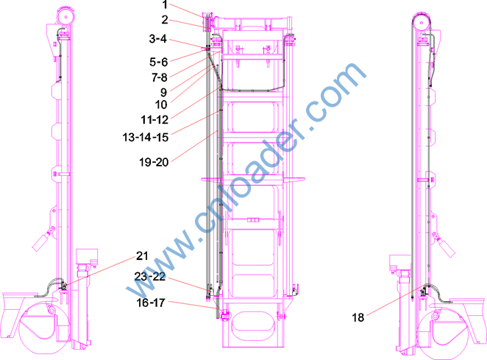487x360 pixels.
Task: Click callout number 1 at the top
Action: click(x=165, y=5)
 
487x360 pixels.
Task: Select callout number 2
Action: click(x=165, y=20)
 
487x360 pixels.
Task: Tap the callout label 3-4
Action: click(x=157, y=39)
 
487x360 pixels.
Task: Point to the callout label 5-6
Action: click(x=158, y=62)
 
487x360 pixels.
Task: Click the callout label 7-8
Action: click(x=160, y=77)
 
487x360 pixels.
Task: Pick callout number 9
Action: click(x=163, y=92)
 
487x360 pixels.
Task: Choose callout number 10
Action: click(x=161, y=105)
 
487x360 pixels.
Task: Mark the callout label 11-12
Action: click(x=154, y=120)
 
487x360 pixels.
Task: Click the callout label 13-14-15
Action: click(x=146, y=137)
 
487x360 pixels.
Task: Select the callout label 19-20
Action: click(x=154, y=162)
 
